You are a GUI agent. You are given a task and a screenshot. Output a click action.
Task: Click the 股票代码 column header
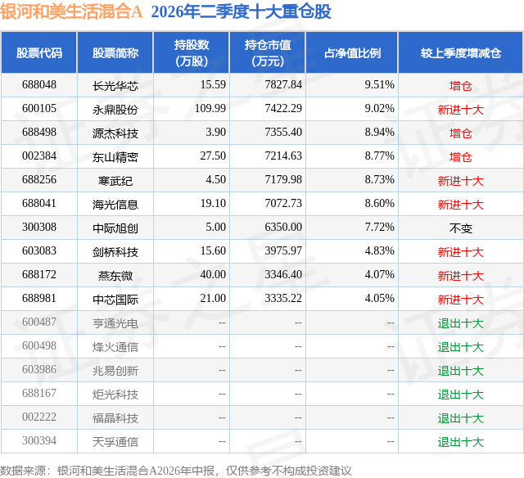(x=39, y=52)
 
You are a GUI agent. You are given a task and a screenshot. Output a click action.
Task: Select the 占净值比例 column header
(x=352, y=52)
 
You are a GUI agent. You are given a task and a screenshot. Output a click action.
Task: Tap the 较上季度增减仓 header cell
(x=461, y=52)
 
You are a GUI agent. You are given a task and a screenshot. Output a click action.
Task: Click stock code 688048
(x=39, y=85)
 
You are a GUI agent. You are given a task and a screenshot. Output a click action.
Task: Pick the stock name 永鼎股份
(x=115, y=109)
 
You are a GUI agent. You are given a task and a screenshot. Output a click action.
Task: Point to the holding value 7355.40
(x=283, y=133)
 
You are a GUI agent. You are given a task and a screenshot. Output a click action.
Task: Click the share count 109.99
(x=210, y=109)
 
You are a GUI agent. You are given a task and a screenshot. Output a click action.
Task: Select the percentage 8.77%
(x=379, y=156)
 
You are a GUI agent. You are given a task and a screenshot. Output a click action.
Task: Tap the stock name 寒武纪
(x=115, y=180)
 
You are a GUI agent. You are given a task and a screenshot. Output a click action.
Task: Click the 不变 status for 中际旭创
(x=461, y=228)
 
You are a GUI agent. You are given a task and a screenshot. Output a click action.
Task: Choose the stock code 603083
(x=39, y=250)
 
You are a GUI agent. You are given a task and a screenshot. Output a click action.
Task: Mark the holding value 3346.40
(x=283, y=274)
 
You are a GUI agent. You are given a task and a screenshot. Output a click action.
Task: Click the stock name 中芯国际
(x=115, y=299)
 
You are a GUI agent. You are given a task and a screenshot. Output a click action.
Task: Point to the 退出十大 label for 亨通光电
(x=461, y=322)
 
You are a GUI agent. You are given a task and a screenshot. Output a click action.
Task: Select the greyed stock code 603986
(x=39, y=369)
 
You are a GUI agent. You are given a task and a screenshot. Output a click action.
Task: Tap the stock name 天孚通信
(x=115, y=441)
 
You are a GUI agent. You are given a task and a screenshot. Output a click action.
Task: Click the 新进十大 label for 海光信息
(x=461, y=204)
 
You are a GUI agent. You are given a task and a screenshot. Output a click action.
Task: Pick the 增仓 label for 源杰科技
(x=461, y=133)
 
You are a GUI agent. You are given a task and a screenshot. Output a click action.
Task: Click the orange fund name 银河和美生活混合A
(x=71, y=12)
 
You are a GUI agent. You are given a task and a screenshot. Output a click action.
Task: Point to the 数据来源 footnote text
(x=176, y=471)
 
